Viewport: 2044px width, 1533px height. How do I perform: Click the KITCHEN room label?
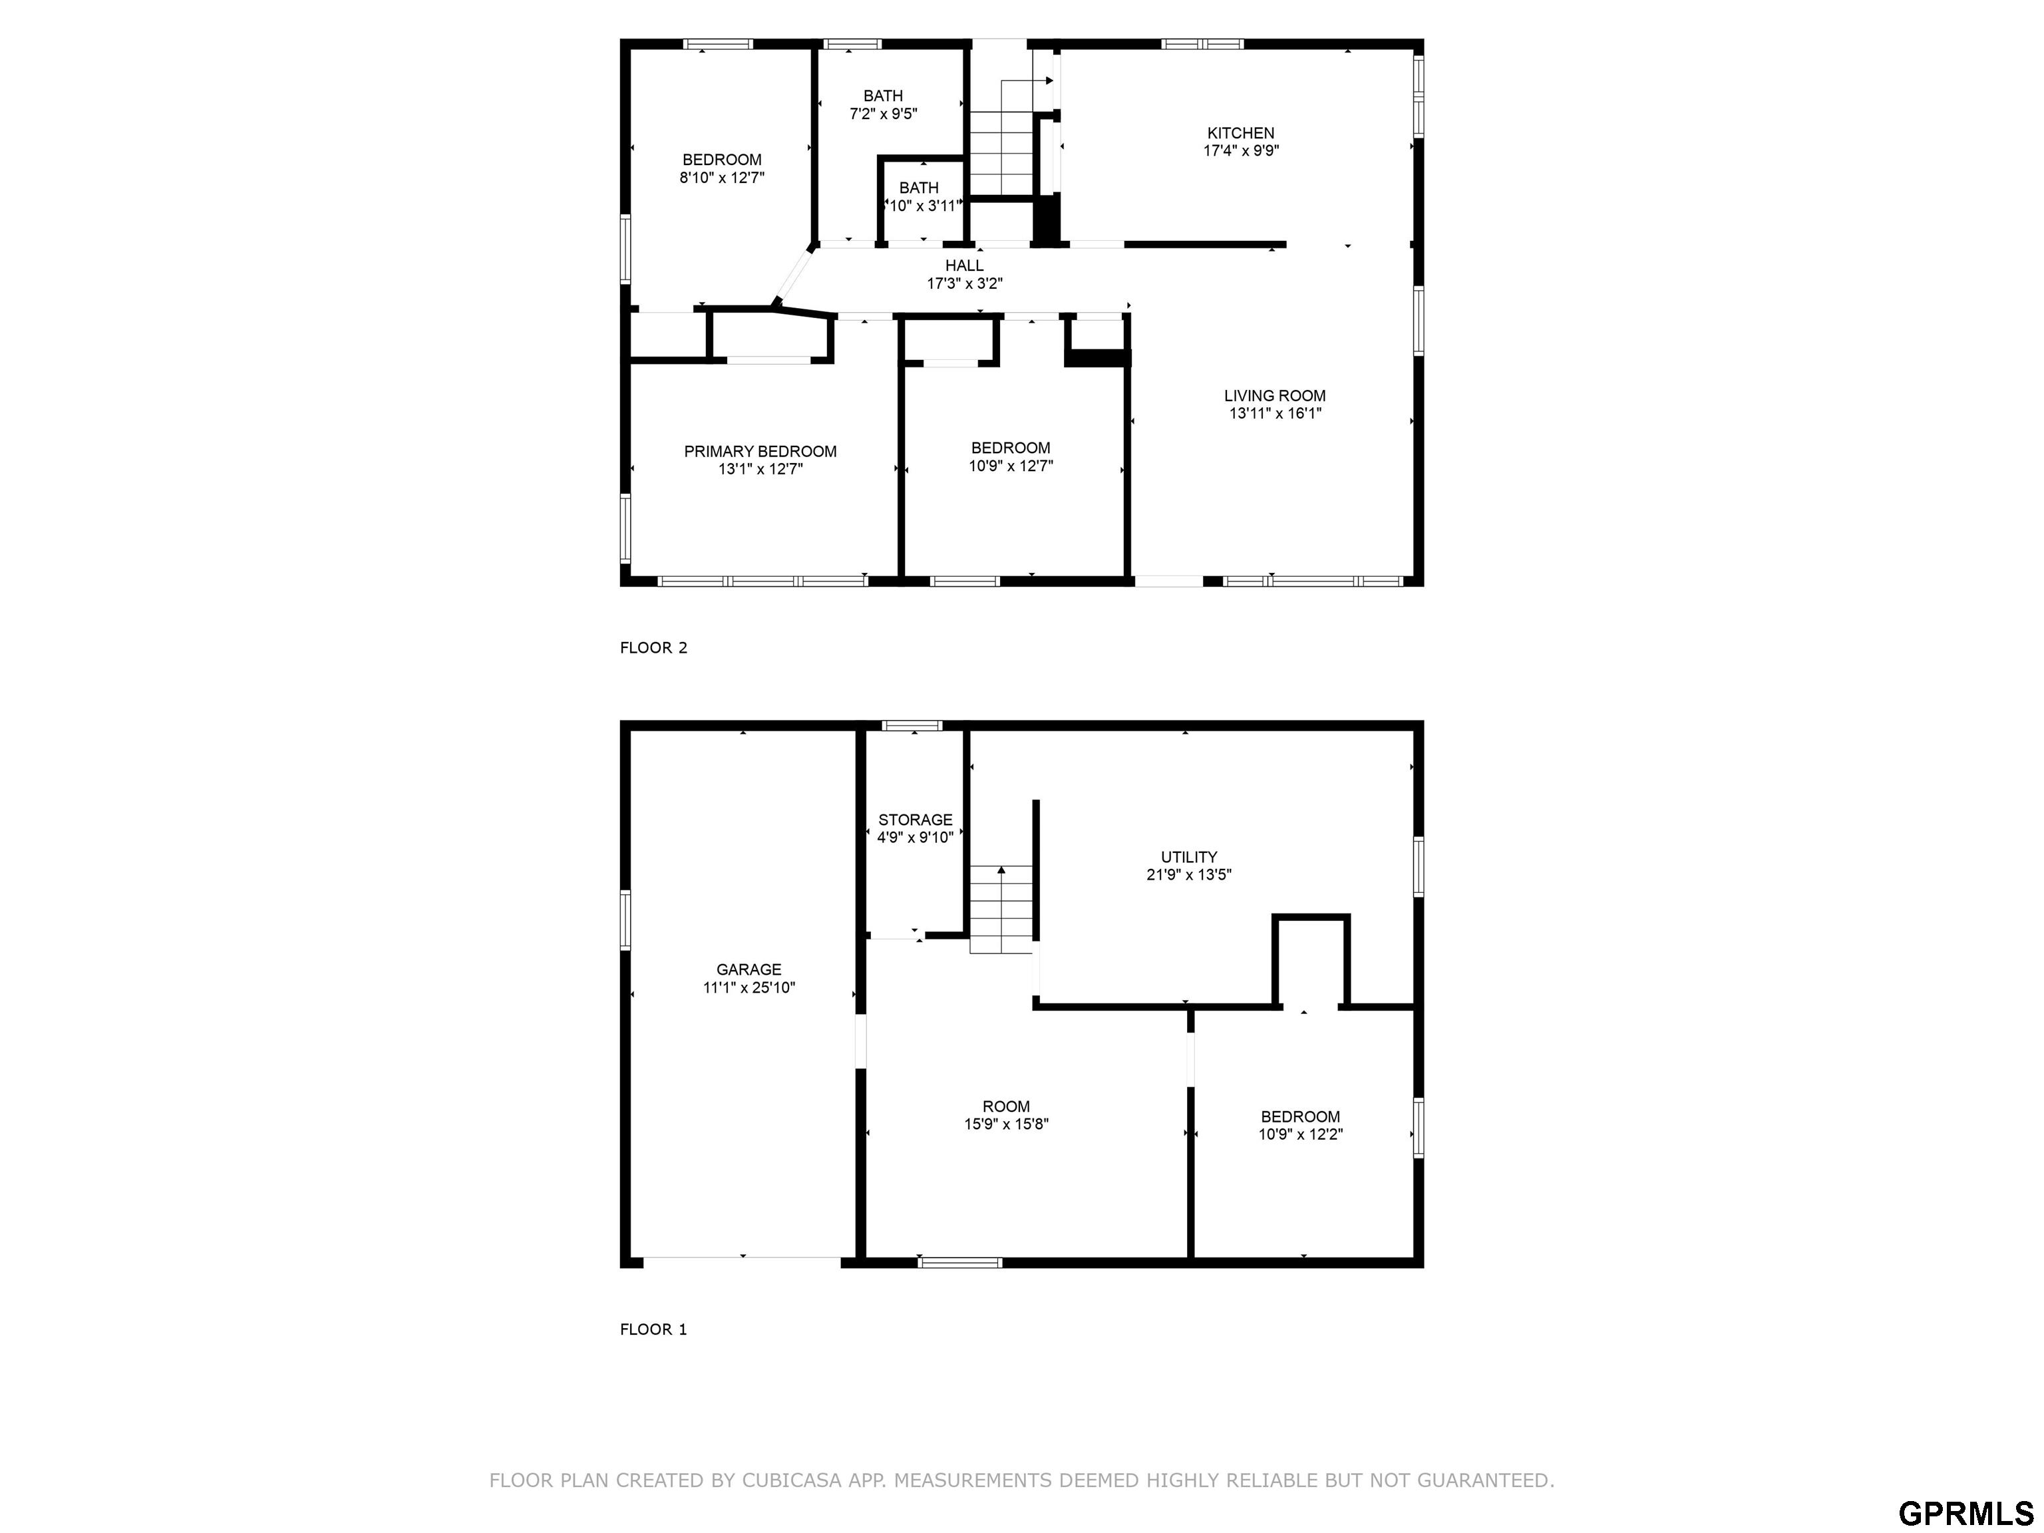[1240, 133]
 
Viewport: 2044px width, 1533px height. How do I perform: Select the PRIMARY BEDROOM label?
[760, 451]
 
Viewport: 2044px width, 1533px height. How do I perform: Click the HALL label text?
[964, 265]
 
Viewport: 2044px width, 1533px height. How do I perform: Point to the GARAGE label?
[749, 969]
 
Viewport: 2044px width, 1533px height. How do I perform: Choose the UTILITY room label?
[1188, 856]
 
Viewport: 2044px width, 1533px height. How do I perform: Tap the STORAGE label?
[915, 820]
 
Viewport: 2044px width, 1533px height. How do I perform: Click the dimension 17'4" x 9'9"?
[1240, 150]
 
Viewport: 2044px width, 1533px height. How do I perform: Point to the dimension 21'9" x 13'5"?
[1188, 874]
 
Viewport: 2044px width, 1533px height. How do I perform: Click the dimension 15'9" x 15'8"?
[1005, 1124]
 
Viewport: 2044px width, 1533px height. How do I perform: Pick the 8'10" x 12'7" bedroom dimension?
[722, 178]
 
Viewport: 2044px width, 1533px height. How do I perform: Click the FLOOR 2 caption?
[653, 648]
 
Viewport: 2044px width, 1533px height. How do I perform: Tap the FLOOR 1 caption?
[653, 1329]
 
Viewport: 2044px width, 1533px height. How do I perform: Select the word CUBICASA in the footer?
[791, 1480]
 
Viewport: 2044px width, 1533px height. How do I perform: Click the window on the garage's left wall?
[625, 920]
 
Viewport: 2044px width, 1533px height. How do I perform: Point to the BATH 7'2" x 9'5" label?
[884, 104]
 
